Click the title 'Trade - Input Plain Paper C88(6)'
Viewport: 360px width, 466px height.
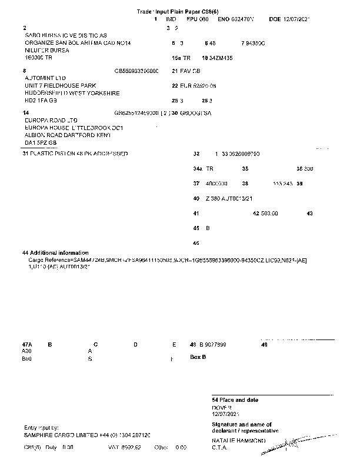coord(180,11)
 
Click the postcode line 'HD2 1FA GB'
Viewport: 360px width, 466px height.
coord(41,101)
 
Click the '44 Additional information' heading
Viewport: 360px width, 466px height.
coord(55,252)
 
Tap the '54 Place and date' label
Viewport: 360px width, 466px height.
coord(235,400)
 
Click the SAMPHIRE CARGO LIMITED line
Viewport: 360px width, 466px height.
coord(87,435)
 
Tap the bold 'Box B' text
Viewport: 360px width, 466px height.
coord(198,357)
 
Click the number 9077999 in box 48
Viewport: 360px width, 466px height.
coord(214,344)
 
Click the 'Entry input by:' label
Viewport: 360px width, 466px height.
coord(42,428)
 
